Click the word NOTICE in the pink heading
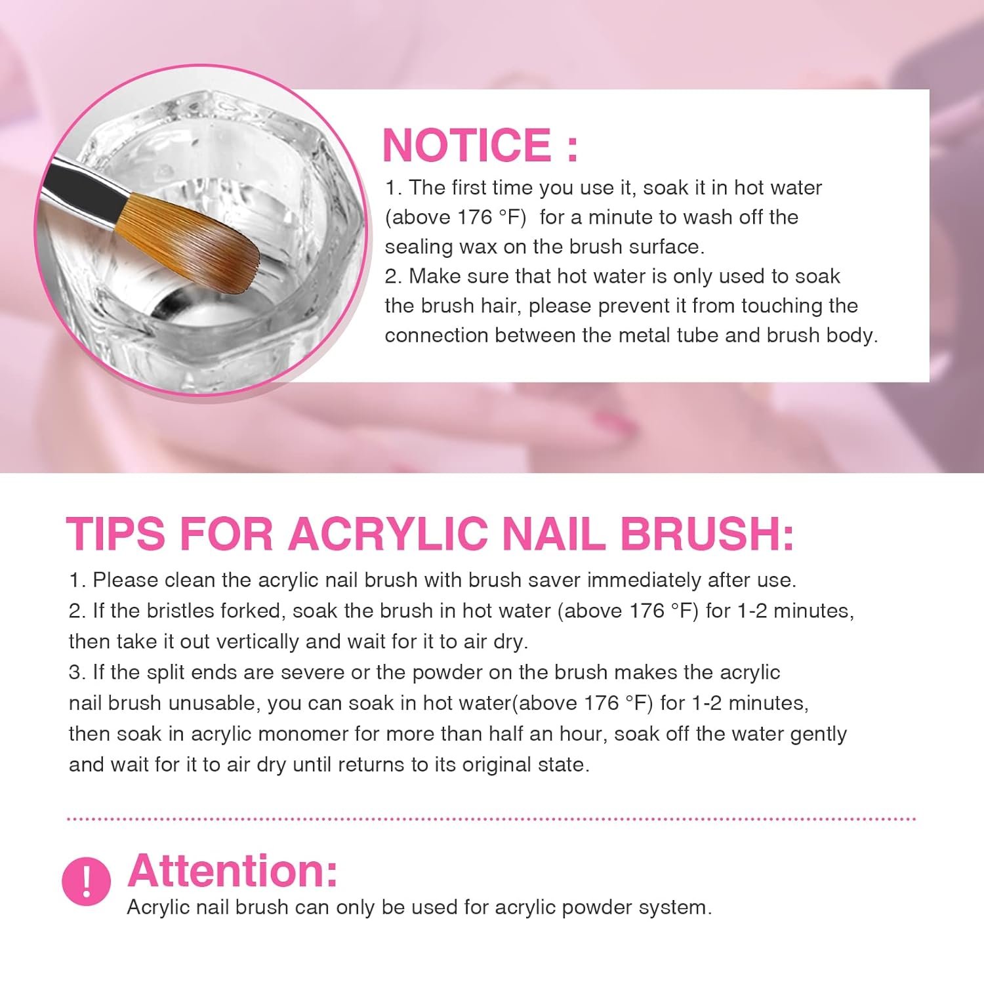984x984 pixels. point(468,144)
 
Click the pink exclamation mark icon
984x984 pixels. point(86,881)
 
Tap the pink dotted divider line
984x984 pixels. point(492,819)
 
